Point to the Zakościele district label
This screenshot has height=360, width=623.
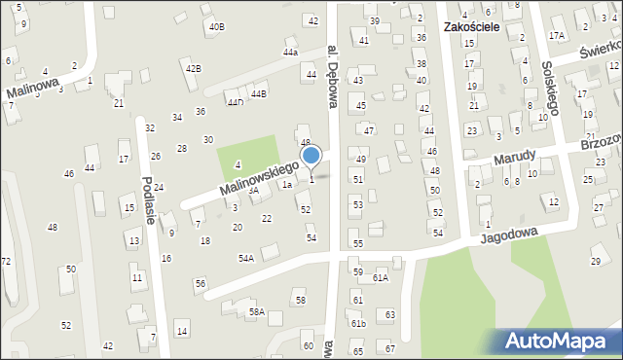click(470, 27)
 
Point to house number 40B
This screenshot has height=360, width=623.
click(216, 26)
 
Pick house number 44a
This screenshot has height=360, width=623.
click(290, 52)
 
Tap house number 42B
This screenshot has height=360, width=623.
click(194, 68)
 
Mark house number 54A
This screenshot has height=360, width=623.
click(246, 258)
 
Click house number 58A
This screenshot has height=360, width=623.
click(256, 311)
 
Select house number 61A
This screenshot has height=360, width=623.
click(380, 278)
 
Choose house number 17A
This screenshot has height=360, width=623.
click(556, 35)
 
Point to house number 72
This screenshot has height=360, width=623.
click(6, 262)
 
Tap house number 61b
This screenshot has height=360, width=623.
click(358, 323)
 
